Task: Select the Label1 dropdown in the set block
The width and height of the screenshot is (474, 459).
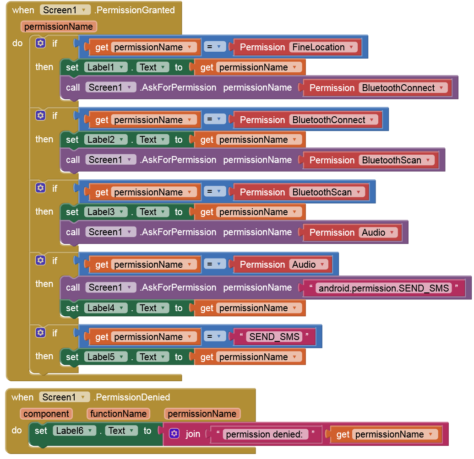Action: [x=106, y=67]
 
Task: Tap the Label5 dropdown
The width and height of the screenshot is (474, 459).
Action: [x=106, y=357]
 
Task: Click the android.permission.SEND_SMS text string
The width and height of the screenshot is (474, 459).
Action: [x=383, y=288]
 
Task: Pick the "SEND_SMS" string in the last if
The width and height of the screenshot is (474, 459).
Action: [x=274, y=337]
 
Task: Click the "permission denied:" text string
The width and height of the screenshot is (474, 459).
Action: [x=266, y=434]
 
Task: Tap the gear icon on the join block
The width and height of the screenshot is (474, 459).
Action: [x=174, y=434]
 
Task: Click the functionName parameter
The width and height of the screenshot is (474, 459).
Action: [x=118, y=414]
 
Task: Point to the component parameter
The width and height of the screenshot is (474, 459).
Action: [x=46, y=414]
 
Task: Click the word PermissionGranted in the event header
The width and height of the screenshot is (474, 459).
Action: [x=134, y=10]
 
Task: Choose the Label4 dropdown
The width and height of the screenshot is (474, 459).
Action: [x=106, y=308]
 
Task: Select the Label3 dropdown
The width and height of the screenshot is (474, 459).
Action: [x=106, y=212]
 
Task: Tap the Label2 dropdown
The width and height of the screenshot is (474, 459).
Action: [x=106, y=140]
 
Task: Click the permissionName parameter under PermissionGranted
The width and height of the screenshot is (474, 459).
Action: [x=59, y=27]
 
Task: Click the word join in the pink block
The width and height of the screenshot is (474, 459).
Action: [x=193, y=434]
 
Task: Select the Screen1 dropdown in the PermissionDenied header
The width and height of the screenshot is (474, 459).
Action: [x=65, y=397]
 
